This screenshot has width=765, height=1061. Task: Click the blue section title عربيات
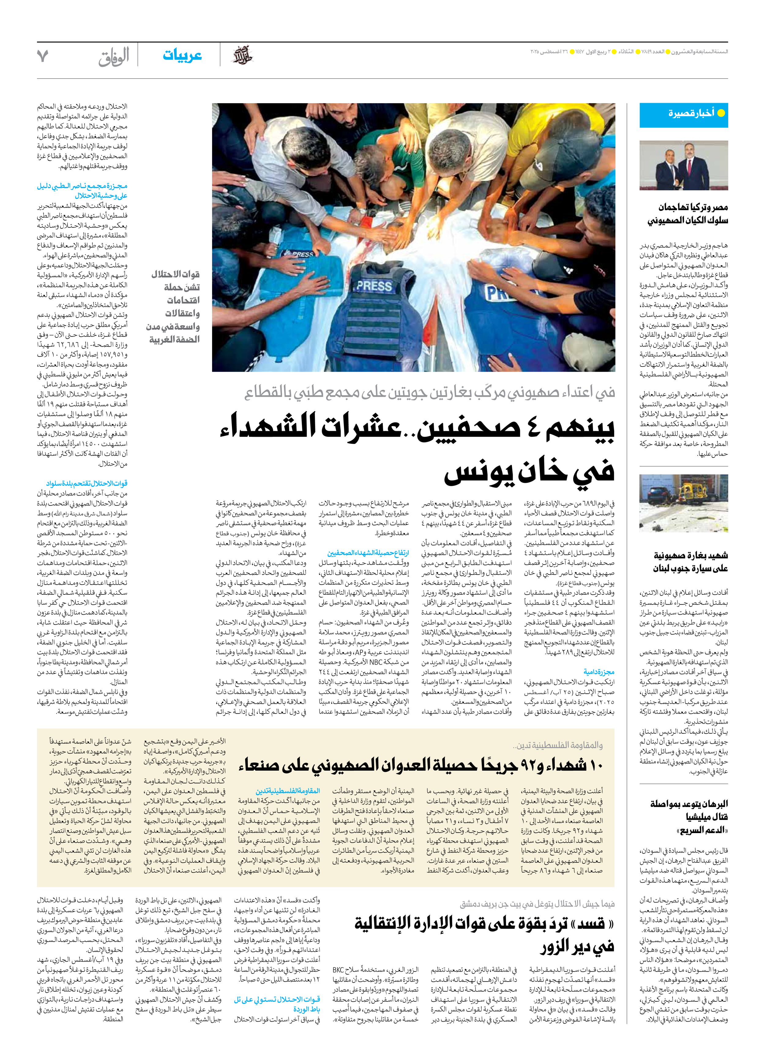[182, 55]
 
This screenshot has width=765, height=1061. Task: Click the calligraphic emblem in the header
[242, 55]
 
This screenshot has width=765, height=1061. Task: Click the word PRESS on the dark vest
[374, 286]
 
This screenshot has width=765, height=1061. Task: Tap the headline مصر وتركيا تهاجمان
[693, 207]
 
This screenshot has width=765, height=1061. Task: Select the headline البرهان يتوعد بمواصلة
[689, 804]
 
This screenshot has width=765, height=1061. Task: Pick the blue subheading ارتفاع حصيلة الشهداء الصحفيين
[368, 553]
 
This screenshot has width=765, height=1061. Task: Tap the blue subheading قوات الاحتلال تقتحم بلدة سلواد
[87, 483]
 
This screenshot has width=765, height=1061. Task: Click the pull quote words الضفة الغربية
[174, 339]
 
